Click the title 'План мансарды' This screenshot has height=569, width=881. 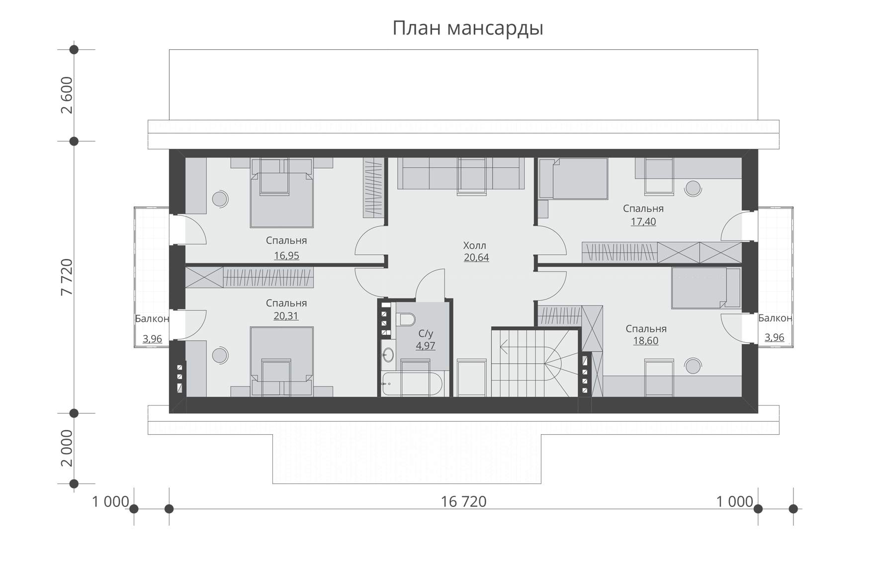coord(467,28)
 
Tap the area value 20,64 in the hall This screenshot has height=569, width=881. coord(476,258)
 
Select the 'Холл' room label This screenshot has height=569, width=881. coord(475,245)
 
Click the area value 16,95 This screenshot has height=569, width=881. coord(286,256)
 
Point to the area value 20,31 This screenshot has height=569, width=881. coord(286,316)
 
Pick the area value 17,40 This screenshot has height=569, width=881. coord(643,222)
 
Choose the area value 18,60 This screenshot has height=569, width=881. coord(646,341)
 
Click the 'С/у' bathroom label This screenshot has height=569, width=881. coord(425,334)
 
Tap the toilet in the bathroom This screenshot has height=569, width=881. coord(406,319)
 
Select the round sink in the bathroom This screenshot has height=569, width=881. coord(388,355)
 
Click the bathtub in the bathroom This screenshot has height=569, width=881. coord(413,384)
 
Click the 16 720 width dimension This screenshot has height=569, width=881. coord(463,502)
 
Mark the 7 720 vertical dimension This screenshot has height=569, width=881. coord(67,278)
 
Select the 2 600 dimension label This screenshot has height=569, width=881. coord(67,95)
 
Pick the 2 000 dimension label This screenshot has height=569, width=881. coord(67,449)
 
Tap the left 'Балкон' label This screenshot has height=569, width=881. coord(152,319)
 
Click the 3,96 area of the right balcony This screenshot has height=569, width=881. coord(774,337)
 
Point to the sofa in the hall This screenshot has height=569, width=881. coord(461,173)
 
